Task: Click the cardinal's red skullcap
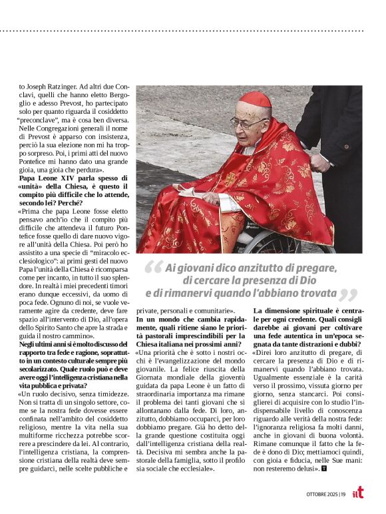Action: point(256,100)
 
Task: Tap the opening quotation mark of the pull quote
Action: point(153,270)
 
